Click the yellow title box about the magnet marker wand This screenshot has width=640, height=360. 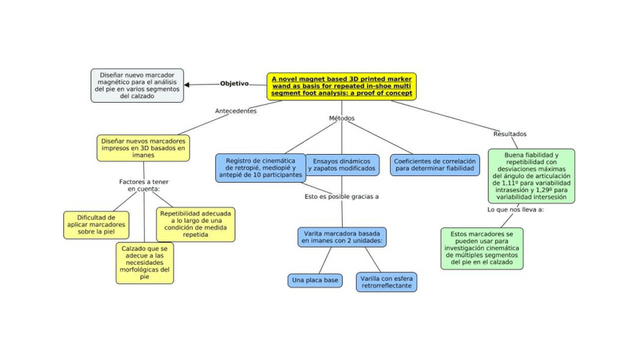coord(342,86)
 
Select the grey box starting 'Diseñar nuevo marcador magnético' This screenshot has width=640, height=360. coord(137,85)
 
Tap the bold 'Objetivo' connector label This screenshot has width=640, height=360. coord(234,83)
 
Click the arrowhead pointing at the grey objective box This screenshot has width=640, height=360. coord(186,85)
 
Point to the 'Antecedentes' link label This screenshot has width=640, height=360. coord(236,111)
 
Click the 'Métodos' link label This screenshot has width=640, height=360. coord(342,118)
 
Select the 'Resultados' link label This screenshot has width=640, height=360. coord(509,134)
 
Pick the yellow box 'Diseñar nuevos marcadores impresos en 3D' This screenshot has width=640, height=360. coord(143,148)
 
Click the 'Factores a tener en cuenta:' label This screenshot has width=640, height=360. coord(143,186)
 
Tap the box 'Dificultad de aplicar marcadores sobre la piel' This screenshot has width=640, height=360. coord(97,225)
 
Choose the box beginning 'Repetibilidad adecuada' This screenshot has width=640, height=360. coord(195,224)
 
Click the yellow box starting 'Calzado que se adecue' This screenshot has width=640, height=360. coord(144,263)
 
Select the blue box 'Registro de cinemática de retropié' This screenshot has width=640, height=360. coord(260,168)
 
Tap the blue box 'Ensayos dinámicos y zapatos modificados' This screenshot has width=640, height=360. coord(342,165)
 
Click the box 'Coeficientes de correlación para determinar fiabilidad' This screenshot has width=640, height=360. coord(435,165)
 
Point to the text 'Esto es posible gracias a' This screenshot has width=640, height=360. coord(342,197)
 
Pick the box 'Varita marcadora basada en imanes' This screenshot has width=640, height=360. coord(342,237)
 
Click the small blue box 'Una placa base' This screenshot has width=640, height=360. coord(315,281)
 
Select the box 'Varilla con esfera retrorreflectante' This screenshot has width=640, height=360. coord(386,282)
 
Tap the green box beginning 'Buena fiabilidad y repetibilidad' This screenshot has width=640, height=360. coord(531,176)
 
